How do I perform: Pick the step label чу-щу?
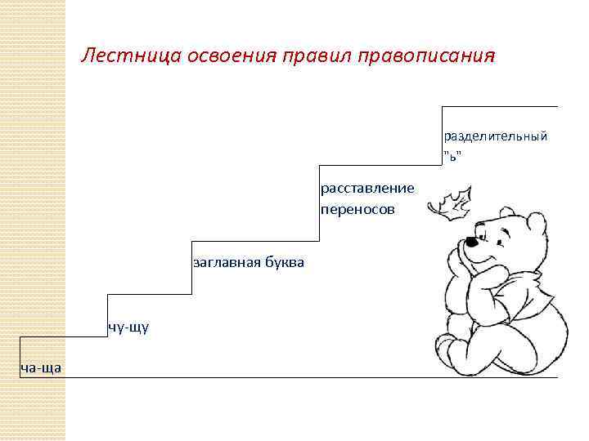click(128, 327)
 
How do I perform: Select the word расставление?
click(367, 189)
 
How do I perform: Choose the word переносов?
click(357, 209)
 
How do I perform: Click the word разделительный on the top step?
click(496, 135)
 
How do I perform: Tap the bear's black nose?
click(471, 242)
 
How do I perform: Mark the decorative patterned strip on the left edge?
click(33, 220)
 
